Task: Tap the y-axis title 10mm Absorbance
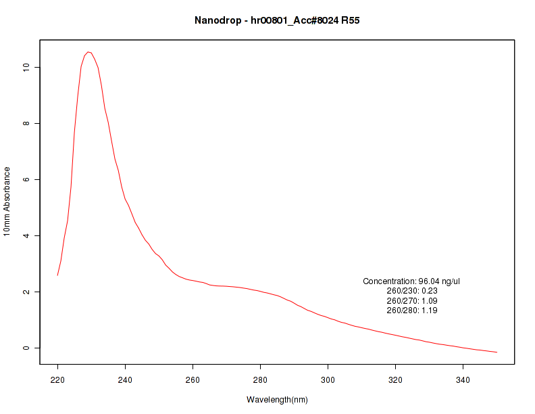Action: click(7, 201)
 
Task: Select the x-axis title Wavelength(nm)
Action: click(277, 400)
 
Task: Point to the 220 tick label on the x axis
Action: click(57, 379)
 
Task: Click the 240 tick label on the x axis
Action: click(125, 379)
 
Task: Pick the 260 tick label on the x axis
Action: click(193, 379)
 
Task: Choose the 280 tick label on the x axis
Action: click(260, 379)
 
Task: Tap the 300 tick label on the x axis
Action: click(328, 379)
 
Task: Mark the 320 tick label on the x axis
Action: click(395, 379)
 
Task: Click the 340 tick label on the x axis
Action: click(463, 379)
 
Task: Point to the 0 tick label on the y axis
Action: click(25, 348)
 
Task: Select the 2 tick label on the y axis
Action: click(25, 292)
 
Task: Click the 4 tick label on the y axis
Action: click(25, 235)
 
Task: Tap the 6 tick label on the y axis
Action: click(25, 179)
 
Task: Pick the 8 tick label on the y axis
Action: click(25, 123)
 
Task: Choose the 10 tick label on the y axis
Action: click(25, 67)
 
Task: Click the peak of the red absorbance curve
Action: click(88, 52)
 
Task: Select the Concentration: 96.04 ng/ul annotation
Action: click(411, 281)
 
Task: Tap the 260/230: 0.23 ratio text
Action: click(411, 291)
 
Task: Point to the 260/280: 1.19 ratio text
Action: click(411, 310)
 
